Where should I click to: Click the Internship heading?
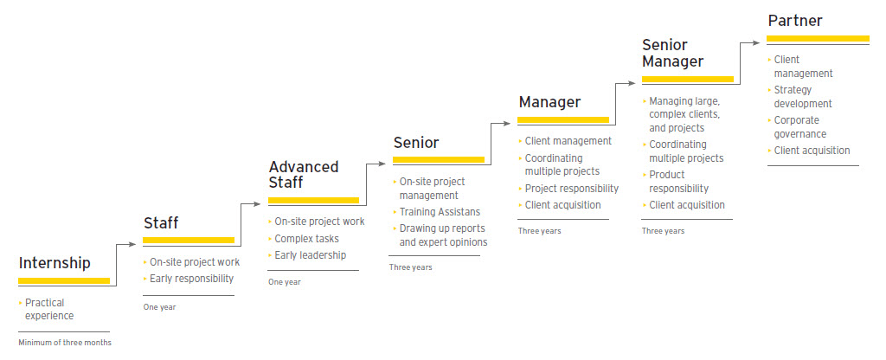55,263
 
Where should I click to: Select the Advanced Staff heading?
304,174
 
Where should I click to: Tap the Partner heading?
795,20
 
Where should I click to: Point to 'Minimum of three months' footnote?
65,343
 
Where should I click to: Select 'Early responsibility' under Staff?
191,279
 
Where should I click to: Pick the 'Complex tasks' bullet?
306,238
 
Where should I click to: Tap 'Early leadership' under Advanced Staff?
310,255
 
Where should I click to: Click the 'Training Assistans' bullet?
440,211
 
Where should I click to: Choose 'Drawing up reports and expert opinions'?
443,235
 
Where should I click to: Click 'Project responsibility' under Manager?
571,189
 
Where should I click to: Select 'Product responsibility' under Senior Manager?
678,182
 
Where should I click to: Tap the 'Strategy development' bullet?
803,97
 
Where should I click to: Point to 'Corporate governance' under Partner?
799,127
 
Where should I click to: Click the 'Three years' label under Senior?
410,267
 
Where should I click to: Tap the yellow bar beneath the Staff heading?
189,240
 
